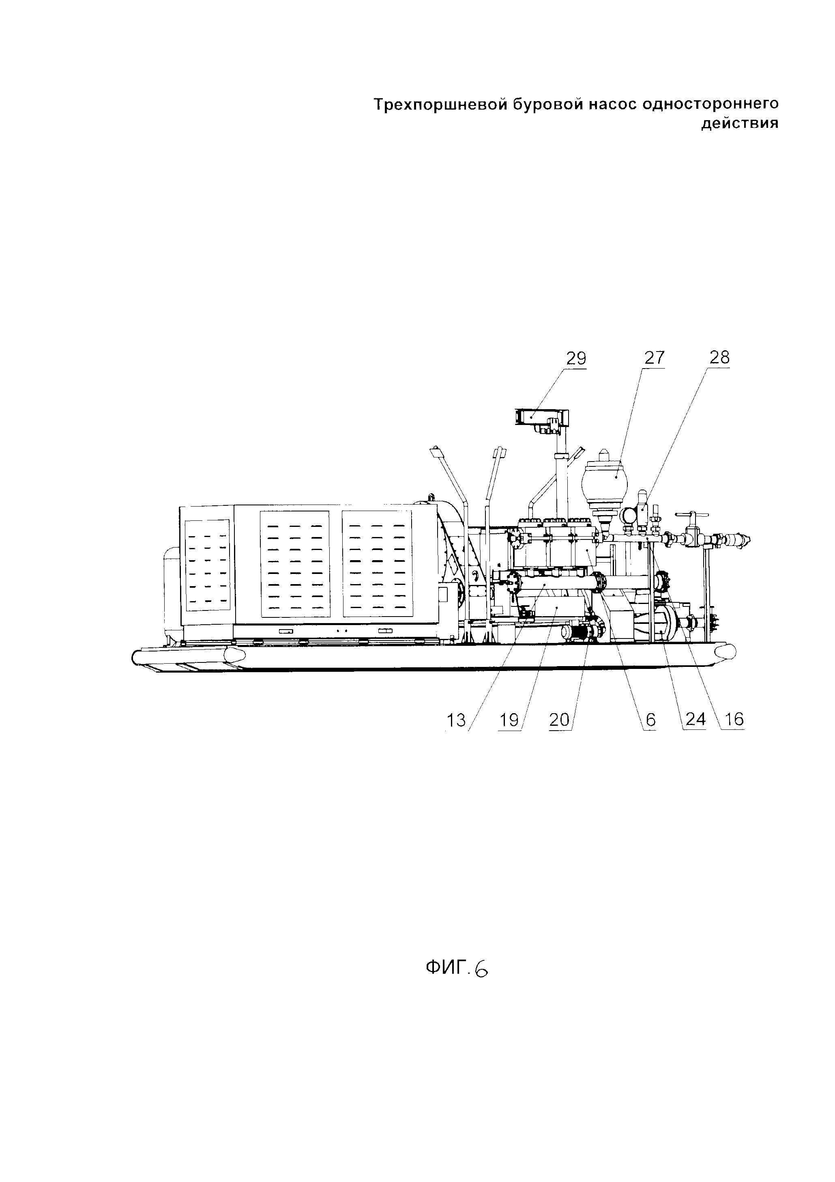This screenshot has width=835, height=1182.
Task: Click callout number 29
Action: pyautogui.click(x=576, y=358)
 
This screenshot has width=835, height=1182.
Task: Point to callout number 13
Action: pyautogui.click(x=456, y=720)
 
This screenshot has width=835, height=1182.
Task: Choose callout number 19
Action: pyautogui.click(x=509, y=720)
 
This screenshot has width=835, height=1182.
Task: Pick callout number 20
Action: pyautogui.click(x=560, y=720)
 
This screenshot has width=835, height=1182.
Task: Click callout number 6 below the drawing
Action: pyautogui.click(x=650, y=720)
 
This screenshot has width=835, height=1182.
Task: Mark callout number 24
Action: pyautogui.click(x=695, y=720)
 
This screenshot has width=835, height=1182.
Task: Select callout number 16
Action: pyautogui.click(x=734, y=720)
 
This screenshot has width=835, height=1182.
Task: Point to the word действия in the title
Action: pyautogui.click(x=740, y=124)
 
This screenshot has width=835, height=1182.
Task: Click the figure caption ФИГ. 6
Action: pyautogui.click(x=456, y=969)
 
